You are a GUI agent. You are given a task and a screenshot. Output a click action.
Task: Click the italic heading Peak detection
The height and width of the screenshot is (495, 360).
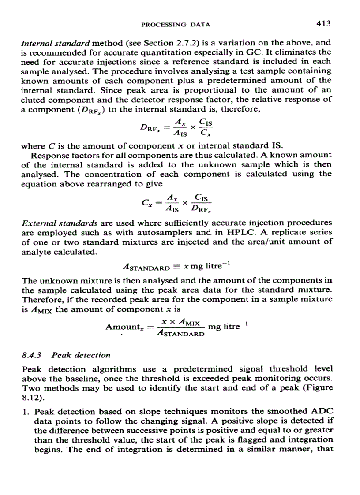tap(81, 355)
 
